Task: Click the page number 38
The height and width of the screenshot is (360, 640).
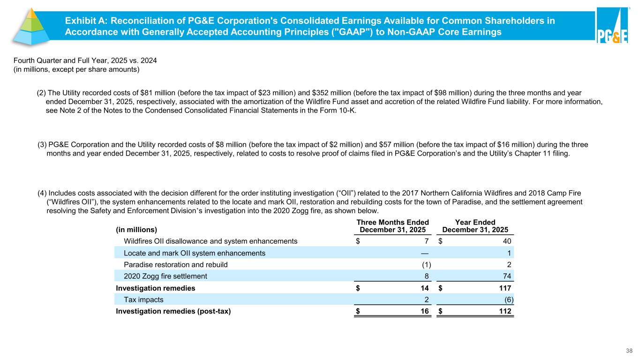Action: point(629,350)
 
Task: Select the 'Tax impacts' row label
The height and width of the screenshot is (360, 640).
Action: point(143,299)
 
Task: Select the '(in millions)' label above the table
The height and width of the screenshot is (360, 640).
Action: point(136,230)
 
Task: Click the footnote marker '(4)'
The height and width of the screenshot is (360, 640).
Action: point(42,193)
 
